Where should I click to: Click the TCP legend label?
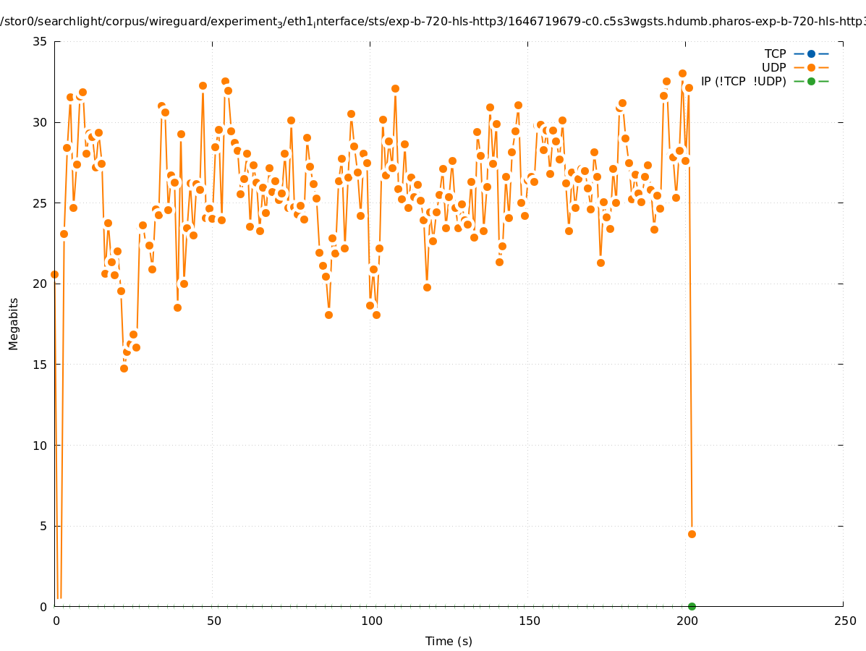[x=776, y=54]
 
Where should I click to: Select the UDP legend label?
[x=774, y=68]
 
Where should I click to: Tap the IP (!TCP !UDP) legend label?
[x=743, y=82]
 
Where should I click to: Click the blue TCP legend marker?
[x=811, y=54]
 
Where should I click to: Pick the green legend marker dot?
[x=811, y=82]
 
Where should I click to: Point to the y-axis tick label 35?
[x=40, y=42]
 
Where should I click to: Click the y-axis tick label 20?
[x=40, y=284]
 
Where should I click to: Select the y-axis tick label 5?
[x=43, y=526]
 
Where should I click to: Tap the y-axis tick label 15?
[x=40, y=365]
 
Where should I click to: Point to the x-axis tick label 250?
[x=844, y=621]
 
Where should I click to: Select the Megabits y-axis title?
[x=14, y=323]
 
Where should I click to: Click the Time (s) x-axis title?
[x=449, y=641]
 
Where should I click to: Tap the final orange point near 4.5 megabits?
[x=692, y=534]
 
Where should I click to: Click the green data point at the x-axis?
[x=692, y=606]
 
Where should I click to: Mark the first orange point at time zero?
[x=54, y=275]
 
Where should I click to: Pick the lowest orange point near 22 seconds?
[x=124, y=368]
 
